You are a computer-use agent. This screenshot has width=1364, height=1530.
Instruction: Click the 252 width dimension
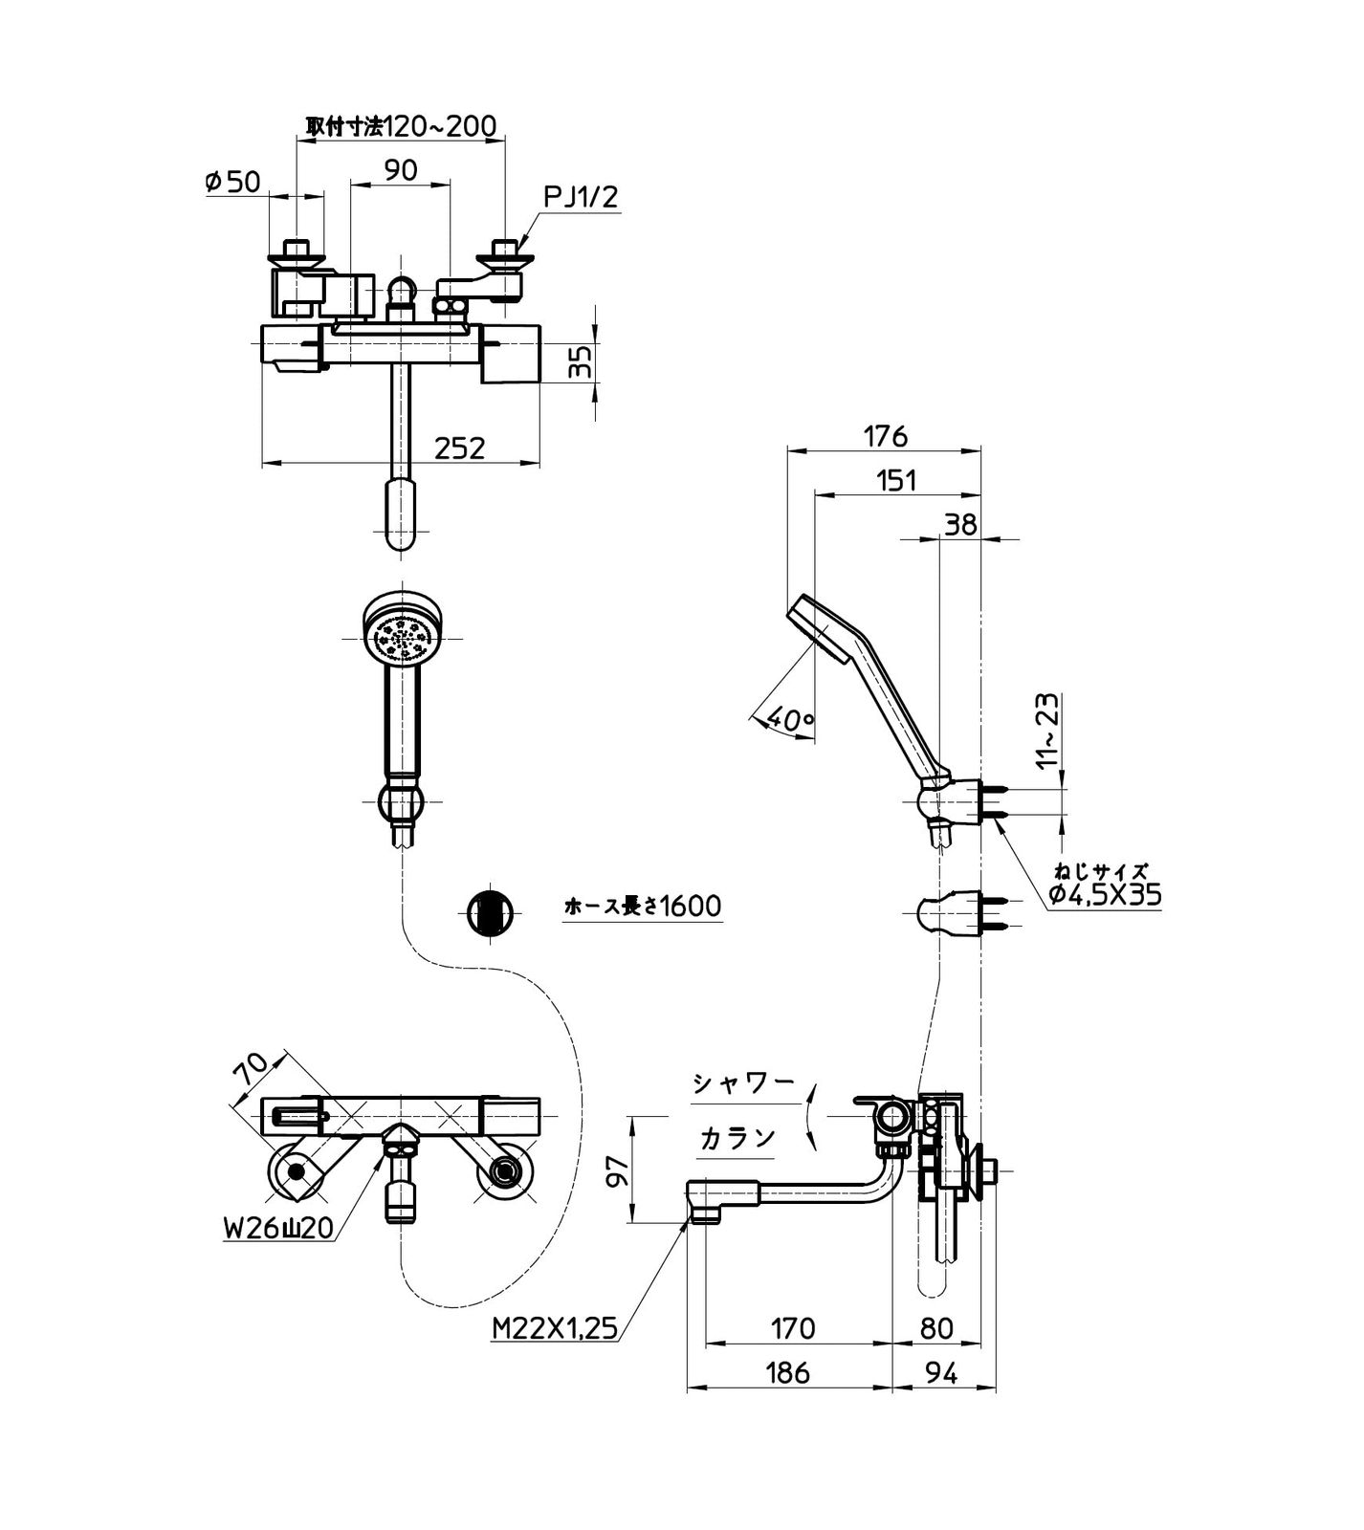(460, 448)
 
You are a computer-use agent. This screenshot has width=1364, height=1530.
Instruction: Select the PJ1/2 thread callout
(581, 198)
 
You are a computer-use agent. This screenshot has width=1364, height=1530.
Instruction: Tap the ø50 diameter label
(232, 182)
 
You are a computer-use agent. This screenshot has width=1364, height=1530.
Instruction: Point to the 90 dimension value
(401, 170)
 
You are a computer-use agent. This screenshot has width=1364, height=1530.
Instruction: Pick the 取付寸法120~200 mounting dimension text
(401, 125)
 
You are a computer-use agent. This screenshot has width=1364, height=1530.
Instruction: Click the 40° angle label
(789, 723)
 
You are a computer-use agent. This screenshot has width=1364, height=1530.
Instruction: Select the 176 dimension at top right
(885, 436)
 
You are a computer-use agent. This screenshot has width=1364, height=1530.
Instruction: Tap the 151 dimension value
(896, 481)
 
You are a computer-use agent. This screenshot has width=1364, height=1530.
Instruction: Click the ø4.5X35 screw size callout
(1104, 894)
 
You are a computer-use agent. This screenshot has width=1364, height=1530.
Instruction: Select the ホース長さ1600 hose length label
(643, 905)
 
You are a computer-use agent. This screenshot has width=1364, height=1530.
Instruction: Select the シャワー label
(744, 1082)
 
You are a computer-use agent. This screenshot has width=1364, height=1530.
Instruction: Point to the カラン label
(737, 1138)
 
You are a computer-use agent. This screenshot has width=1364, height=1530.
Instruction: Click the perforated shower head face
(403, 637)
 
